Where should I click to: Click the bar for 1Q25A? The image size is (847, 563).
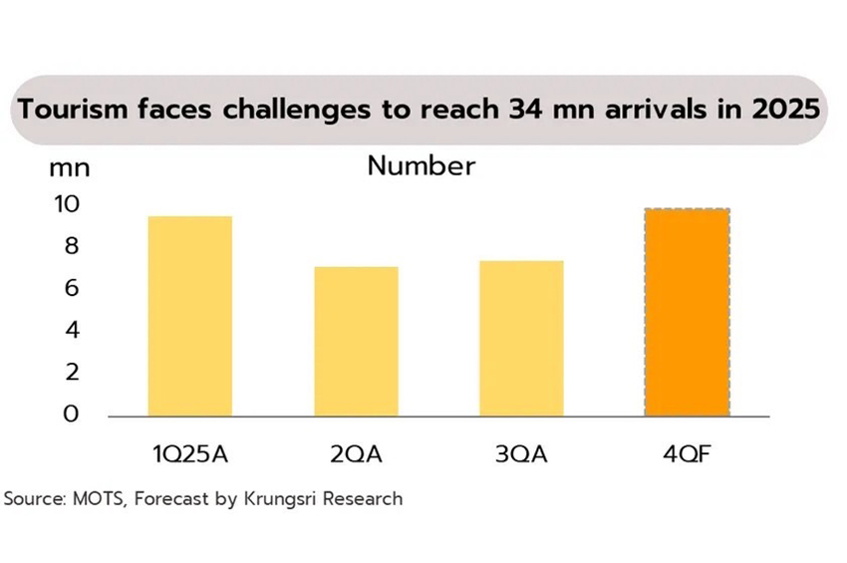click(189, 316)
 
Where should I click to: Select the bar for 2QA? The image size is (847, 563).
click(356, 341)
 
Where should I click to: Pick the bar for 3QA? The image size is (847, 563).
click(521, 338)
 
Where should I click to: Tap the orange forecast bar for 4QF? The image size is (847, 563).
click(688, 312)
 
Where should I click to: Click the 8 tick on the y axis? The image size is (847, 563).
click(71, 246)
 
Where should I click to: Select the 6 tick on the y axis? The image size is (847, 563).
click(71, 288)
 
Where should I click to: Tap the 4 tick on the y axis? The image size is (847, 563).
click(71, 330)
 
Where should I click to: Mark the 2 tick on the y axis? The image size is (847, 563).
click(71, 372)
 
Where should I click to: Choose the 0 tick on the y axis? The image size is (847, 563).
click(71, 414)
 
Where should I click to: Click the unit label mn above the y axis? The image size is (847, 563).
click(70, 166)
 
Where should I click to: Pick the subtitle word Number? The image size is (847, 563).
click(422, 165)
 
